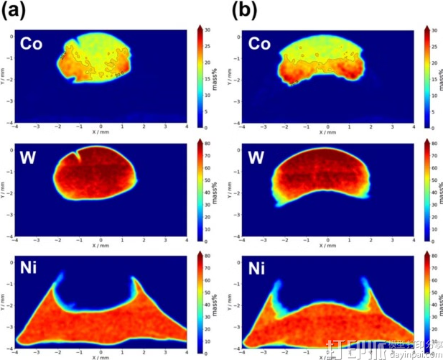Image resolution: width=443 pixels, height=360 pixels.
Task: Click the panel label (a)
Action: click(x=15, y=11)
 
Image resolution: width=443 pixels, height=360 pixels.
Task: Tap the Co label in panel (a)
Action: click(x=32, y=45)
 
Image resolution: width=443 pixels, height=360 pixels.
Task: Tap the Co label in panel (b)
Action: click(x=260, y=45)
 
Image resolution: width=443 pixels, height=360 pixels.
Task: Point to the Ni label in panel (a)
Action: click(x=30, y=269)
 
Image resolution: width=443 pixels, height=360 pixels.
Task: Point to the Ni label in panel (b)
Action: click(x=258, y=269)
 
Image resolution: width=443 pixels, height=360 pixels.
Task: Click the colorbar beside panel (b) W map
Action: click(x=427, y=192)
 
